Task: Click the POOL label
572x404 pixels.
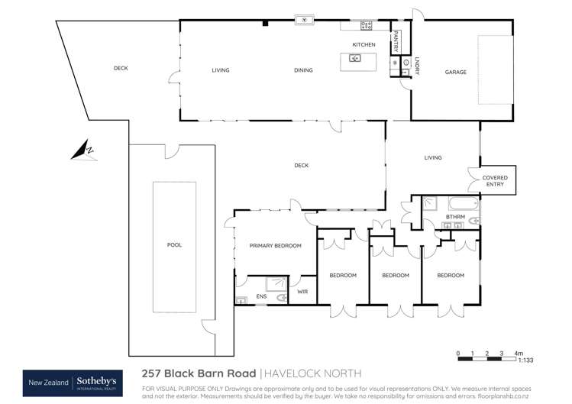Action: (175, 245)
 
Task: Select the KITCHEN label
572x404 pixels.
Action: (364, 45)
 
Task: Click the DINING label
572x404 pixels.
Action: (303, 71)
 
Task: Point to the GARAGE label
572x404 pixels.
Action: (456, 73)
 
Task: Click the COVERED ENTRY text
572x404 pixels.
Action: (494, 181)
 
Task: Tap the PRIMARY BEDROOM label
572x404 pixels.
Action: (276, 246)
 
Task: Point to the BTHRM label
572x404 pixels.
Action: (456, 218)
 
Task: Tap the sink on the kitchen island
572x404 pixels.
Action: (355, 58)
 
